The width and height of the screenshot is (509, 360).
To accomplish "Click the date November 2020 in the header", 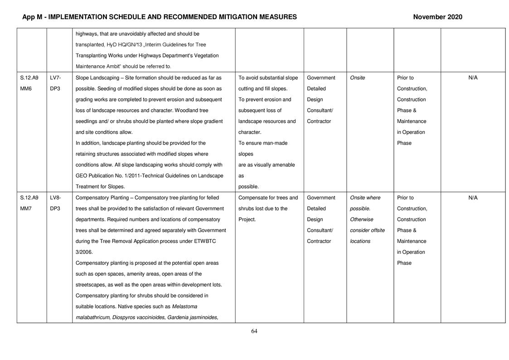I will pos(437,17).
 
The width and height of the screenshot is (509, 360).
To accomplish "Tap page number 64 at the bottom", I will pos(254,331).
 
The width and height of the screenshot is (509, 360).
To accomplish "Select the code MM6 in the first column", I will pos(26,89).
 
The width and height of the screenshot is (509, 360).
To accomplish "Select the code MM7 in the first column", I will pos(26,209).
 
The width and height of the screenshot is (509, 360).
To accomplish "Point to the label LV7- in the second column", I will pos(55,78).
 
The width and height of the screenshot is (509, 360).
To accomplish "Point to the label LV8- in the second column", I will pos(55,198).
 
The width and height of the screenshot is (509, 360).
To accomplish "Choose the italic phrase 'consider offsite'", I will pos(367,230).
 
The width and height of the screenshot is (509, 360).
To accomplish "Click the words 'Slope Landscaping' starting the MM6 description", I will pos(97,78).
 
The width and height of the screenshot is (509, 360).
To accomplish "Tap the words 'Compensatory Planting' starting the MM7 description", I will pos(103,198).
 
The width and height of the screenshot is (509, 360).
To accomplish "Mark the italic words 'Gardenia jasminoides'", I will pos(193,317).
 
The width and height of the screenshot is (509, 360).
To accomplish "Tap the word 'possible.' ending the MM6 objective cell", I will pos(248,187).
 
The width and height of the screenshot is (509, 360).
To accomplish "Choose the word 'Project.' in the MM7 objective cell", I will pos(247,219).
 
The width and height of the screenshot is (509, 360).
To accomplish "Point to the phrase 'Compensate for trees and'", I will pos(268,198).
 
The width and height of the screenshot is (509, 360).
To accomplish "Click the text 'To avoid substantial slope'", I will pos(268,78).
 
